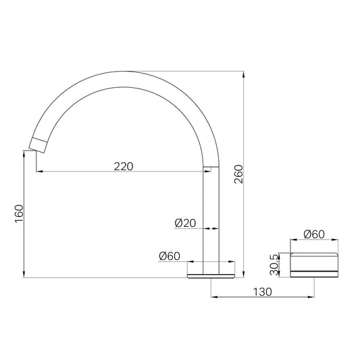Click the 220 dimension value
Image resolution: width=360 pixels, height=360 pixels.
[124, 166]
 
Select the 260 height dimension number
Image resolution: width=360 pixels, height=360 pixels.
[238, 174]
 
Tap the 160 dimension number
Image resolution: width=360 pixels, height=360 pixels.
[19, 213]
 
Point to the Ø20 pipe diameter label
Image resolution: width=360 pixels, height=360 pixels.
[185, 223]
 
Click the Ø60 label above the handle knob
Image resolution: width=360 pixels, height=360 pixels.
[314, 234]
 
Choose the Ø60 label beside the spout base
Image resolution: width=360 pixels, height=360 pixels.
[170, 256]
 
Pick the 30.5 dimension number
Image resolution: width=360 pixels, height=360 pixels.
[275, 265]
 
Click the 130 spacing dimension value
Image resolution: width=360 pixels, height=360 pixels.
[263, 292]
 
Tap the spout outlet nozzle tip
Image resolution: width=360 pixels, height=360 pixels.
[38, 145]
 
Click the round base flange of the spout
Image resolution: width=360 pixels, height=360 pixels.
[211, 276]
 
